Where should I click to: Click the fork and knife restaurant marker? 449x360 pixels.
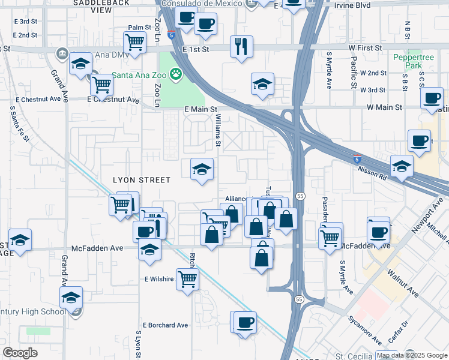pos(241,47)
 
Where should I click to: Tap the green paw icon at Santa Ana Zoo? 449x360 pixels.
pos(175,74)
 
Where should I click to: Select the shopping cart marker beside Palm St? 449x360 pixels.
pos(134,43)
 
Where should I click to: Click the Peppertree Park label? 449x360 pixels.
pos(409,62)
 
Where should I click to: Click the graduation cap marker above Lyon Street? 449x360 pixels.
pos(202,170)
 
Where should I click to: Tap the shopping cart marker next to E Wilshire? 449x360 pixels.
pos(187,278)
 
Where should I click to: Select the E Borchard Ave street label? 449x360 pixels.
pos(166,325)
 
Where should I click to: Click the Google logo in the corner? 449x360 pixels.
pos(20,353)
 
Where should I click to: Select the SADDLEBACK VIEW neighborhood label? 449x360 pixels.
pos(92,7)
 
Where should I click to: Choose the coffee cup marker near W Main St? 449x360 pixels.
pos(432,98)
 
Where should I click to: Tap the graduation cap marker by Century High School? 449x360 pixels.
pos(71,297)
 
